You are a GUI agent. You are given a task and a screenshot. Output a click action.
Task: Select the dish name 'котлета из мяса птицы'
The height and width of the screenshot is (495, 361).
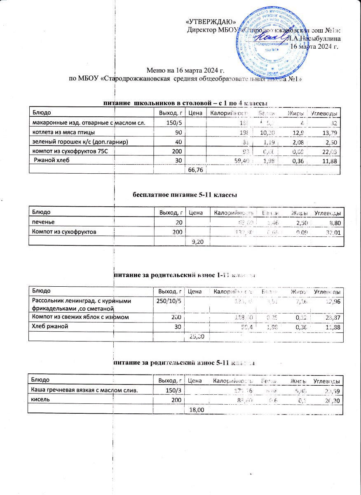(x=62, y=132)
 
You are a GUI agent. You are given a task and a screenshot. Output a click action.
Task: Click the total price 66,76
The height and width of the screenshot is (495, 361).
(x=195, y=170)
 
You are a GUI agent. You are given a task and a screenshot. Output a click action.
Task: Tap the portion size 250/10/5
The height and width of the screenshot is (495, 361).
(x=166, y=302)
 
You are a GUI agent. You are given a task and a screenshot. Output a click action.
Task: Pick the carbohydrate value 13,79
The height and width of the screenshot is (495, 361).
(x=331, y=132)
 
